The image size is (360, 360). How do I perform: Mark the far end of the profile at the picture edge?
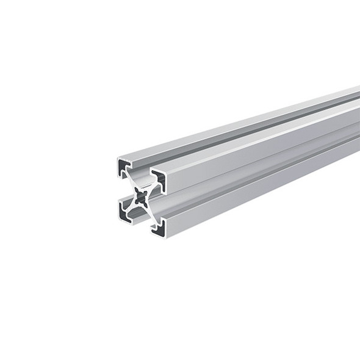click(357, 122)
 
